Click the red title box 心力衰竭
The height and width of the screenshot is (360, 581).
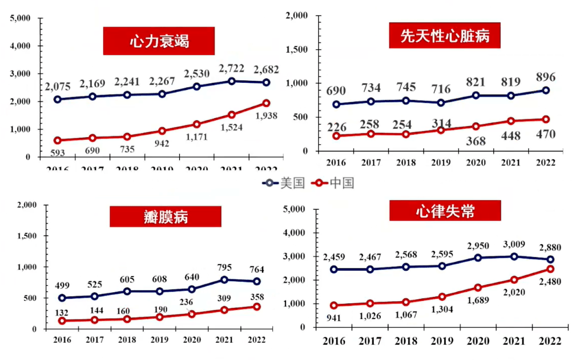click(x=159, y=41)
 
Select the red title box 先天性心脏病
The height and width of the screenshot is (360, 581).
click(x=444, y=36)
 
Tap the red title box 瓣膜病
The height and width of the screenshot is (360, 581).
click(x=165, y=217)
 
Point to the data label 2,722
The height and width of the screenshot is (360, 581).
click(x=231, y=68)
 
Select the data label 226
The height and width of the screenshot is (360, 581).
click(x=336, y=127)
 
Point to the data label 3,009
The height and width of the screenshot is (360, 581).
click(x=514, y=244)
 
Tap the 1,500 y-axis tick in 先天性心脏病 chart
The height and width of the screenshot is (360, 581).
click(x=297, y=50)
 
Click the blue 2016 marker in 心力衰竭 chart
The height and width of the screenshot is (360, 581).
click(x=57, y=100)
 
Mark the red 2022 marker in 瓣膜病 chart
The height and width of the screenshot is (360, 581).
click(x=257, y=307)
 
